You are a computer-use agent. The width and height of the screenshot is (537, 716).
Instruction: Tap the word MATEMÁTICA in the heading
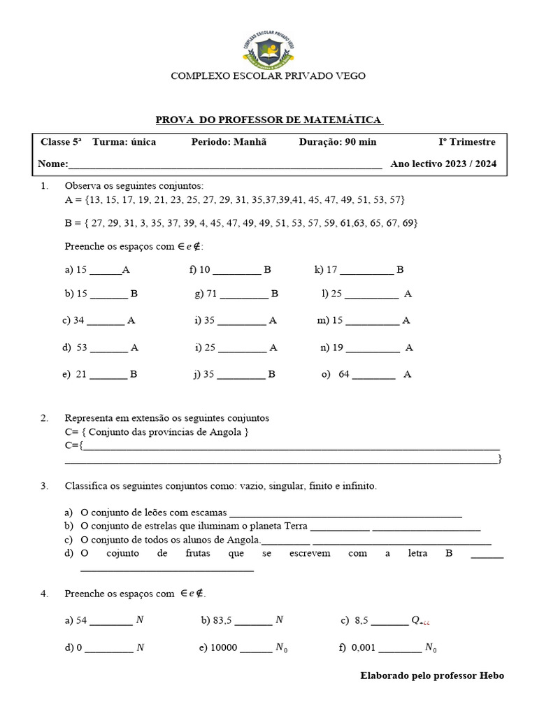coord(338,120)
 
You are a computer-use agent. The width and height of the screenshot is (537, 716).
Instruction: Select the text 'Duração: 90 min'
coord(338,142)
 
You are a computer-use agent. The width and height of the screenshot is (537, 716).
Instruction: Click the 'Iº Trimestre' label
coord(467,142)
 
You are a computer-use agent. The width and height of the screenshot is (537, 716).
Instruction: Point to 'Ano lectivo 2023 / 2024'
coord(444,164)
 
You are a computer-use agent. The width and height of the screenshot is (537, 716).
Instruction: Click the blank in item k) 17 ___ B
coord(367,269)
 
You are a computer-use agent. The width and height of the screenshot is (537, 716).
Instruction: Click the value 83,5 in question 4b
coord(227,620)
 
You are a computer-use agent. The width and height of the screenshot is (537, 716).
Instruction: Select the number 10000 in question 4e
coord(224,647)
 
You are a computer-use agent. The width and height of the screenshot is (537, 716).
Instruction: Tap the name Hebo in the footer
coord(492,675)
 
